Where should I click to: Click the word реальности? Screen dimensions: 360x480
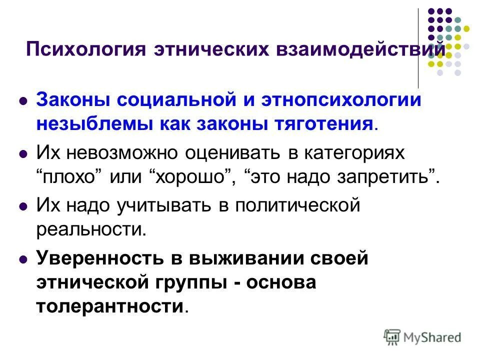click(91, 229)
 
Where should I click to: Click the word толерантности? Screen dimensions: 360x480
click(110, 306)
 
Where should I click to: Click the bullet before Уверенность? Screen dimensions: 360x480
click(22, 260)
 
